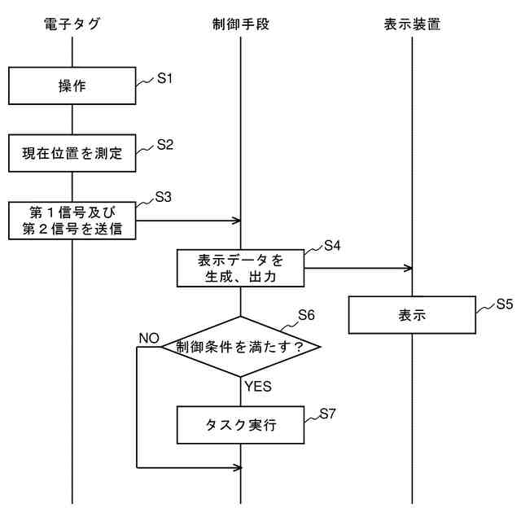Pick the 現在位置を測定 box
click(x=72, y=153)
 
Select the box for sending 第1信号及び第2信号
click(x=72, y=220)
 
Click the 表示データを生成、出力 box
click(x=241, y=269)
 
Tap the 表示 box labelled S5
click(x=412, y=315)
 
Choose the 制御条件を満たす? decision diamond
click(x=241, y=347)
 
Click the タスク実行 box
click(x=241, y=425)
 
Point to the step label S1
click(x=165, y=79)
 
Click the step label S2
click(x=165, y=145)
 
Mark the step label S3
click(x=164, y=196)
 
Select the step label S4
click(x=332, y=244)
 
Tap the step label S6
click(x=306, y=314)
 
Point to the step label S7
click(x=327, y=414)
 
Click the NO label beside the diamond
click(x=148, y=338)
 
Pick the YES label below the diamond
click(x=257, y=386)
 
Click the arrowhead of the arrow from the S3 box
click(x=238, y=220)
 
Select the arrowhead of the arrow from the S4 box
click(x=409, y=268)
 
